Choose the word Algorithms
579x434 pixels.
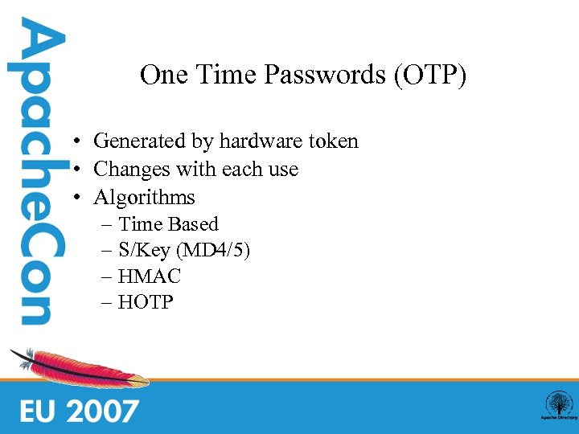coord(145,198)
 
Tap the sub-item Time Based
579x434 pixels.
coord(168,224)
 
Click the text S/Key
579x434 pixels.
coord(144,251)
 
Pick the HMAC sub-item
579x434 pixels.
coord(150,276)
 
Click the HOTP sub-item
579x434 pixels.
coord(146,303)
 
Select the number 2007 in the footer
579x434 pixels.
coord(102,411)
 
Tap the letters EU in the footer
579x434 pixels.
coord(39,411)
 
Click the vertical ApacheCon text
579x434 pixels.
coord(35,173)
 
